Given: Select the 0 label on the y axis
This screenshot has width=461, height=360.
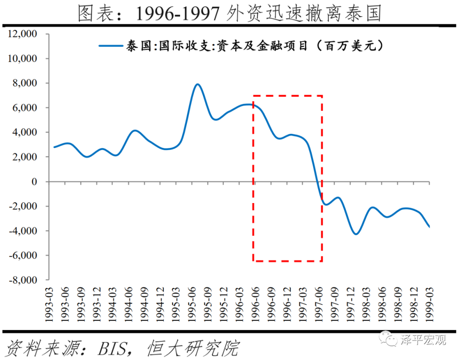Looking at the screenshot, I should pos(40,182).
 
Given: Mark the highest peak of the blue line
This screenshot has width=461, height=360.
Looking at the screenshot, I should pos(197,84).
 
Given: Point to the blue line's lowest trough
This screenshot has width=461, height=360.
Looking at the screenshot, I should pos(356,234).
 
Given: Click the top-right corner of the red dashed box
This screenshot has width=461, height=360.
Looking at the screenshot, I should pos(321,96).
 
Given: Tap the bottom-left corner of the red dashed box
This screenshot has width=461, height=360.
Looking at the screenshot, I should pos(254,261).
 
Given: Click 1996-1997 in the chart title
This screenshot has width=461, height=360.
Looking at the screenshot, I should pos(178,14).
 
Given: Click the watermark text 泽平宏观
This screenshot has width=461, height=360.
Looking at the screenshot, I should pos(423,340).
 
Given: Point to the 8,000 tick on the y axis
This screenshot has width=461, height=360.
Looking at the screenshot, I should pos(25,83).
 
